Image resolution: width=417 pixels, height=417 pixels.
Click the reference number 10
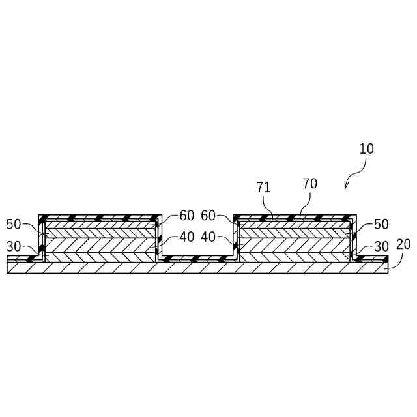click(x=366, y=149)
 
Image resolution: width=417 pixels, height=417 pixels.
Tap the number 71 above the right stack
click(x=264, y=188)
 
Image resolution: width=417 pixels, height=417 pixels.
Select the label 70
click(x=310, y=184)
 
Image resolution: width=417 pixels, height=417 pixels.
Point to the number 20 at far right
click(x=403, y=244)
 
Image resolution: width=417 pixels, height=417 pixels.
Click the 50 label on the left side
click(x=14, y=224)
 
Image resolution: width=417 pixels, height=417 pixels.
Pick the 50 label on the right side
click(x=381, y=224)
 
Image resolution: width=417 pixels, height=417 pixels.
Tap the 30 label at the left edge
click(x=14, y=247)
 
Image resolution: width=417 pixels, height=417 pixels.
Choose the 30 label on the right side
click(x=381, y=247)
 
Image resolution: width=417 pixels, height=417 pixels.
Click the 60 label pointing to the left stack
click(x=186, y=216)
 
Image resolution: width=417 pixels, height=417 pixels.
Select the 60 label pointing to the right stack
click(x=208, y=216)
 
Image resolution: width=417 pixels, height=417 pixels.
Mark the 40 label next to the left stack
click(x=186, y=237)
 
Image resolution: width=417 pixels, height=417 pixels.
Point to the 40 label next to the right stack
click(x=208, y=237)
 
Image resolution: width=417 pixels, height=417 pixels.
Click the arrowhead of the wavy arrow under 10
click(x=345, y=188)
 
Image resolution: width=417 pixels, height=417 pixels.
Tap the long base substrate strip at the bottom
click(x=195, y=267)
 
